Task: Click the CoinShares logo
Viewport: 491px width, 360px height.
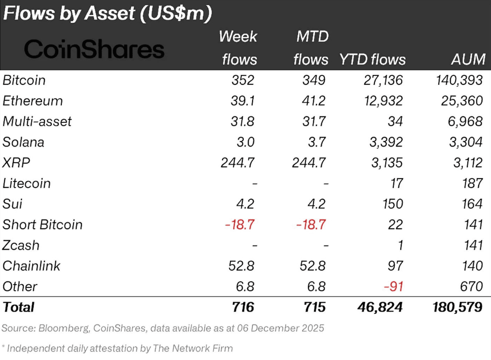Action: (x=94, y=49)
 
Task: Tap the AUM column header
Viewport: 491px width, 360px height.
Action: (x=468, y=60)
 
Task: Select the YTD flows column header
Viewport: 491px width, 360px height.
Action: (x=373, y=60)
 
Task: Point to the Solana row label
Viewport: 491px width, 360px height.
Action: (x=23, y=142)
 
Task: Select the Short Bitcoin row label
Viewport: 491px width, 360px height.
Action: (x=42, y=225)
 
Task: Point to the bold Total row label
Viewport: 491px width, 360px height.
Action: (x=19, y=307)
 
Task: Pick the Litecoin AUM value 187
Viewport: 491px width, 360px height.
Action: (x=473, y=183)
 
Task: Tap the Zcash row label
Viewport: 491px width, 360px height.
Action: (x=21, y=246)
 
